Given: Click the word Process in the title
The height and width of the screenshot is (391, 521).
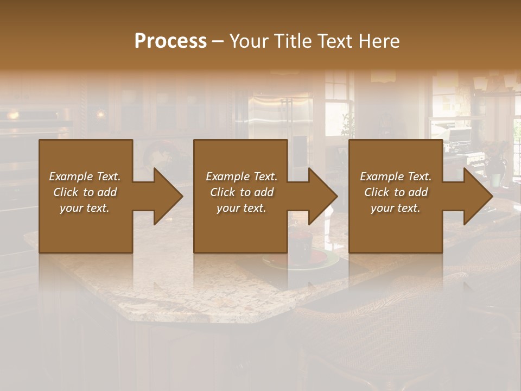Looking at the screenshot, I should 170,41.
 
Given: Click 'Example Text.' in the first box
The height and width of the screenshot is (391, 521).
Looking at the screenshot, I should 85,176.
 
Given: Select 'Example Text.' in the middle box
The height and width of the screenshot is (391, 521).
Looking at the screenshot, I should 241,176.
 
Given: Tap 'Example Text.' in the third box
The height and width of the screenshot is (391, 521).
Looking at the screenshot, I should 396,176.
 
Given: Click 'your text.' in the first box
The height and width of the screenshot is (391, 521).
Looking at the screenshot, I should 85,208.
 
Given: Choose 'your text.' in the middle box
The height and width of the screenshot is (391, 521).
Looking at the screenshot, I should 241,208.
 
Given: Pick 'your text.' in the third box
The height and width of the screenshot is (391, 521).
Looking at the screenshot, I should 396,208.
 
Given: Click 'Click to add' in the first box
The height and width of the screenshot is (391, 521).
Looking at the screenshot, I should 85,192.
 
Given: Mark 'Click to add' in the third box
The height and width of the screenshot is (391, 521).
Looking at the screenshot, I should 396,192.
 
